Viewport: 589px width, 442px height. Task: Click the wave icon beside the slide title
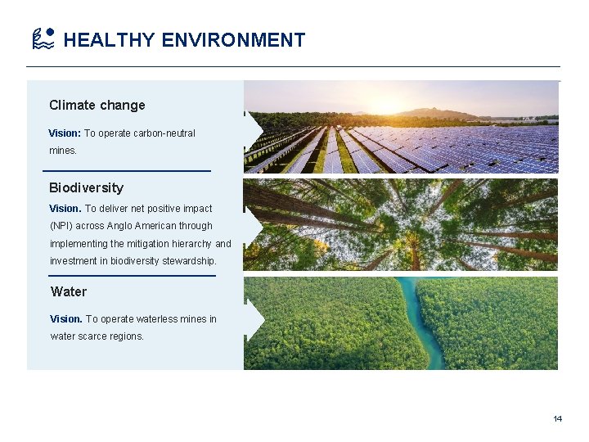point(43,38)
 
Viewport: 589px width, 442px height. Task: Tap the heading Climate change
point(97,105)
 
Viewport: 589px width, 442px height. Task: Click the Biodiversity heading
point(86,187)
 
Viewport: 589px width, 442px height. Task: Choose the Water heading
point(69,291)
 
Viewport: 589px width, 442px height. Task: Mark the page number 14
point(557,419)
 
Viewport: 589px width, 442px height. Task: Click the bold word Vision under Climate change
point(64,133)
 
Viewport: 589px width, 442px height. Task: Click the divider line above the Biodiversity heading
point(126,170)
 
